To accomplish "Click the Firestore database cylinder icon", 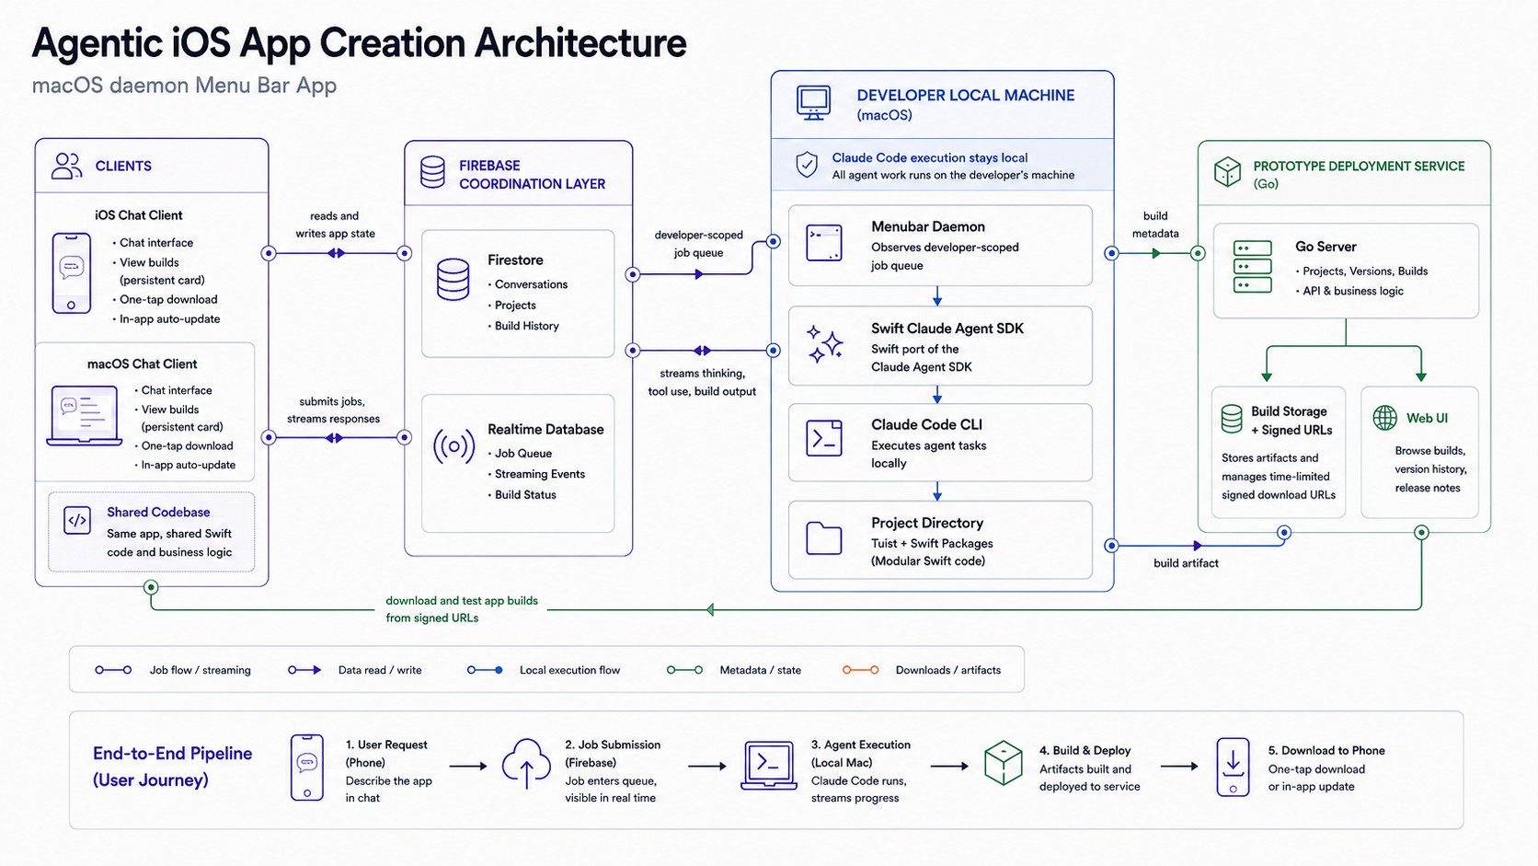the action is tap(453, 280).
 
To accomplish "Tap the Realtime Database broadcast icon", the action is tap(453, 446).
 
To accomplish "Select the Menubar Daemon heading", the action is tap(927, 226).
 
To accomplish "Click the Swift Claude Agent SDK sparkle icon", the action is tap(824, 343).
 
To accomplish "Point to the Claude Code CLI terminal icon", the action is tap(824, 438).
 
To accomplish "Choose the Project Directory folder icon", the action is tap(824, 537).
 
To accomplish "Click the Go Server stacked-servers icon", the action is tap(1252, 267).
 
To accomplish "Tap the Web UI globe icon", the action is tap(1384, 418).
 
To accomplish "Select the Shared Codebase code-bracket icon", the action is tap(77, 520).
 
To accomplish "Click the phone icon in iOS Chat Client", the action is tap(72, 273).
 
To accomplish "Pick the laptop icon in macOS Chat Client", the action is tap(85, 415).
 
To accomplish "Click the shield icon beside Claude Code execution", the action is tap(807, 165).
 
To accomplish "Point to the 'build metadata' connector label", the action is tap(1155, 225).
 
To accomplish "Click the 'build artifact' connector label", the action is tap(1186, 563).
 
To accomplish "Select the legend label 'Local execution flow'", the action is tap(570, 670).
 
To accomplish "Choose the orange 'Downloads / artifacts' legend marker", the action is tap(860, 670).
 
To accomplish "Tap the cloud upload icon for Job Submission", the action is tap(526, 763).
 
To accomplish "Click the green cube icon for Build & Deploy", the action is tap(1004, 762).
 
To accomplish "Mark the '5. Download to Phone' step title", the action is tap(1326, 751).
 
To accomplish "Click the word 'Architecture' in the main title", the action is tap(580, 42).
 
